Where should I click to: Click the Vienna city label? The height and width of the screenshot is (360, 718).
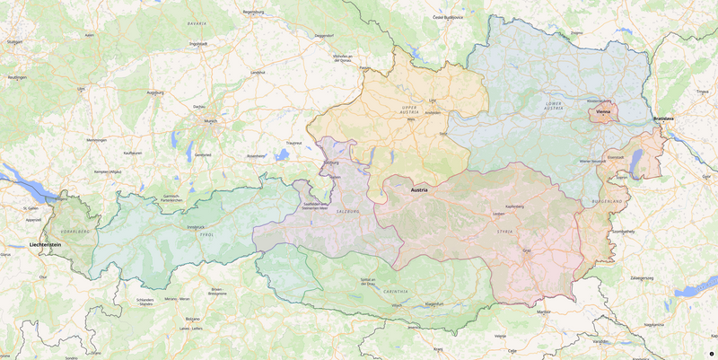603,112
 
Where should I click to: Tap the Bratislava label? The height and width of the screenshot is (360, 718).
664,119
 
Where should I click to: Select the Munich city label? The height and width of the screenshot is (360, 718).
211,121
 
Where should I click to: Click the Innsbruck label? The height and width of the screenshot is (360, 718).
197,227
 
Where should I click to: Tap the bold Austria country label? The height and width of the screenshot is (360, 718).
419,190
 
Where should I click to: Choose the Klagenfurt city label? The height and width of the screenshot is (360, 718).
434,304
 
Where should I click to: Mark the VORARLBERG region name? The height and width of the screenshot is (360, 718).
75,232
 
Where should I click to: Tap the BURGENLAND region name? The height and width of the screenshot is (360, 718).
607,201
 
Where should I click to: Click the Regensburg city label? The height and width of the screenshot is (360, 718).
254,12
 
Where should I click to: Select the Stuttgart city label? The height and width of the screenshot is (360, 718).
14,41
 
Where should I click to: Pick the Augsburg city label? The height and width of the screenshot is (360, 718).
155,92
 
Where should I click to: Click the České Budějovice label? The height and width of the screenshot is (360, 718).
448,17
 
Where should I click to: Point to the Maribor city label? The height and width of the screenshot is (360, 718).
544,312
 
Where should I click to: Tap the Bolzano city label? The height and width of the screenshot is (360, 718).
192,319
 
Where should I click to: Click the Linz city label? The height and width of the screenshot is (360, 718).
433,101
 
